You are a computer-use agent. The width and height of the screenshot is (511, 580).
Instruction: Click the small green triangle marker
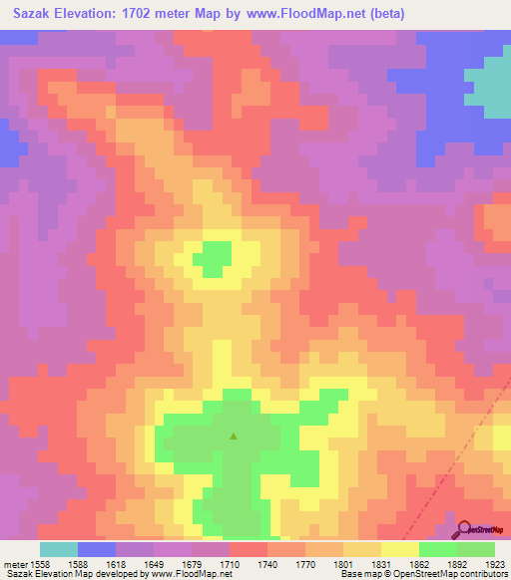tap(234, 435)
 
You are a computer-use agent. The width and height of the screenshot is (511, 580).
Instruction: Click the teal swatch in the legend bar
tap(59, 549)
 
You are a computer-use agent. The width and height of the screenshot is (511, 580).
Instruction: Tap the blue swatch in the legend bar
tap(97, 549)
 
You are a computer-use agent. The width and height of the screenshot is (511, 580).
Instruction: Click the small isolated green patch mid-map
tap(212, 258)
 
